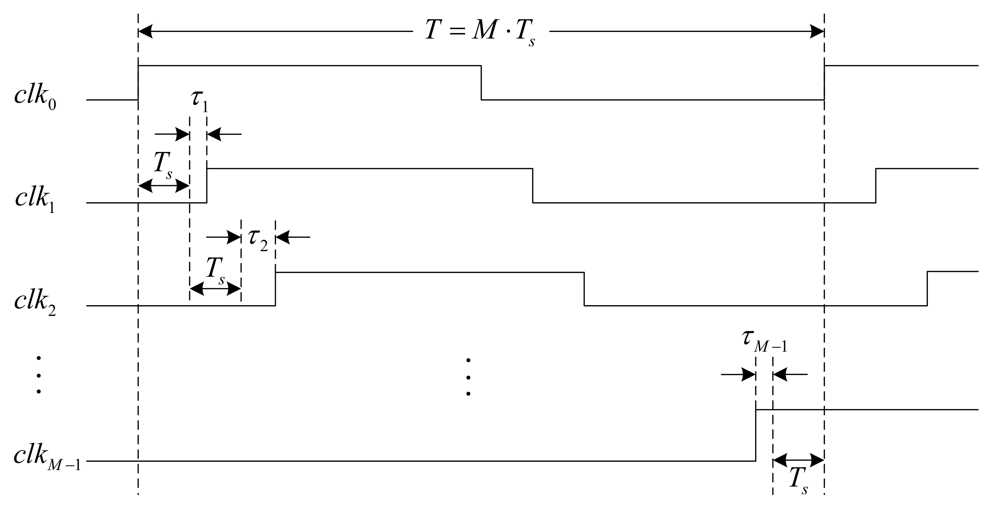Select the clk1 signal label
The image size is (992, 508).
pos(35,199)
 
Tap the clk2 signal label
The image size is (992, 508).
pos(35,302)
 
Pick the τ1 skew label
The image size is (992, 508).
pos(199,100)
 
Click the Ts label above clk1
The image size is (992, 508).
pos(163,165)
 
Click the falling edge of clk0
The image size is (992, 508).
pos(481,83)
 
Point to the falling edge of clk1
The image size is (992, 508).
pos(533,186)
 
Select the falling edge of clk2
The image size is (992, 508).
pos(584,289)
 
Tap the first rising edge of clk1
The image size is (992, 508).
pos(207,186)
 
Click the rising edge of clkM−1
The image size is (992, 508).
pos(756,435)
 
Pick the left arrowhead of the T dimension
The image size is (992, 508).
pos(146,32)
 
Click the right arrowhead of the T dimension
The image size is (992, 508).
pos(816,32)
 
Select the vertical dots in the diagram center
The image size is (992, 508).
pos(468,377)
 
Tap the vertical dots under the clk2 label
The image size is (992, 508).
pos(39,375)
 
